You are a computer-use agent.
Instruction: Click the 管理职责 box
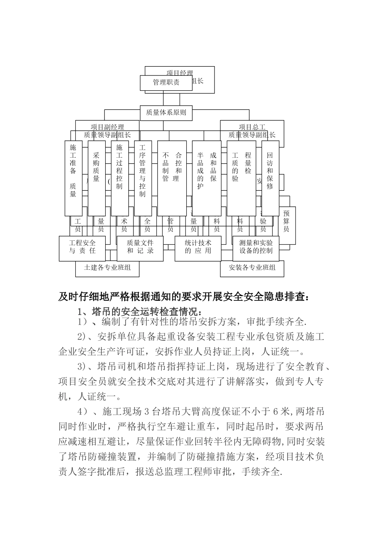(166, 83)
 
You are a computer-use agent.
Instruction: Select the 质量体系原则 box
(166, 113)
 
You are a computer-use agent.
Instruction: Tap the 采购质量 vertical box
(96, 177)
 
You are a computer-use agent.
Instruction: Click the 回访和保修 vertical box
(270, 177)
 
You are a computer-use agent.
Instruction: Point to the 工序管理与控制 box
(142, 177)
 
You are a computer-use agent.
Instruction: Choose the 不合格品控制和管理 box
(172, 177)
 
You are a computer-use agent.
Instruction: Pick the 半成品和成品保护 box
(206, 177)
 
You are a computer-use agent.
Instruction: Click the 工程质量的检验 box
(241, 177)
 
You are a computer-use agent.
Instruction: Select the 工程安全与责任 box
(82, 247)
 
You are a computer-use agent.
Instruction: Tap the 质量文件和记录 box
(140, 247)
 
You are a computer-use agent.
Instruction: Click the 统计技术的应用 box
(198, 247)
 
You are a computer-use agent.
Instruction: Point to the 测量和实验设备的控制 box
(256, 247)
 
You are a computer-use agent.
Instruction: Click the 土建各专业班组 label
(107, 267)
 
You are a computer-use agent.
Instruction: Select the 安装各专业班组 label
(252, 267)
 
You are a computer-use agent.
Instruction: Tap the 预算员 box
(286, 221)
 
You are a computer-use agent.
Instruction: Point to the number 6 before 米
(276, 412)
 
